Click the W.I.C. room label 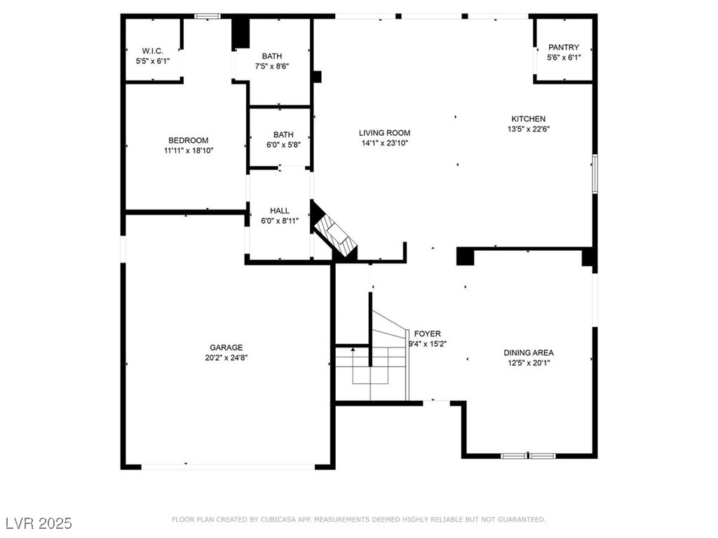click(x=152, y=50)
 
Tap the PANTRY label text click(x=564, y=47)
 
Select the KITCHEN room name click(x=529, y=119)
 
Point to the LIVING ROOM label click(x=385, y=133)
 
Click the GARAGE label click(x=226, y=347)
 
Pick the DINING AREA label click(x=529, y=353)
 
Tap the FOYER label click(x=428, y=334)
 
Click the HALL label click(x=279, y=211)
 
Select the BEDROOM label click(x=188, y=140)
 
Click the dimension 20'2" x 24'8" click(x=226, y=358)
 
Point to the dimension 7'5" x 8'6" click(x=272, y=67)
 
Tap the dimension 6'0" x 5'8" click(x=283, y=145)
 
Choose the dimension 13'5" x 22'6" click(x=529, y=129)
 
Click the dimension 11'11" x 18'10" click(x=189, y=151)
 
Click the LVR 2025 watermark click(x=39, y=523)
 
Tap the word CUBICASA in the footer click(x=278, y=520)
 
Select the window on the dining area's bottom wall click(x=528, y=455)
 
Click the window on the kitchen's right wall click(x=595, y=174)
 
